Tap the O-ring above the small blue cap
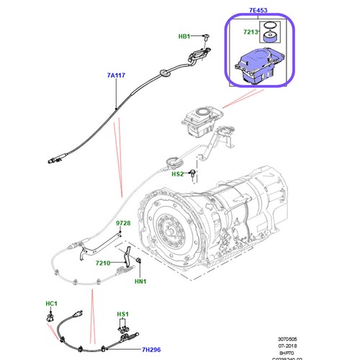269,31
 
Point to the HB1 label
185,35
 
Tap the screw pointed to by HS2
194,171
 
